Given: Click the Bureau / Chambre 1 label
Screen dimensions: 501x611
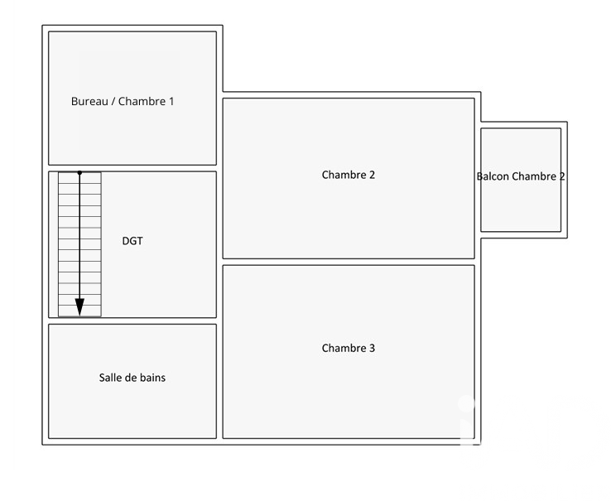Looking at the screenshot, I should (x=123, y=102).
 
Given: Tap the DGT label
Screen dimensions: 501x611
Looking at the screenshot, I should (x=132, y=242).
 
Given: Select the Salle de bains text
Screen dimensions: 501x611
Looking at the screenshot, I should (x=132, y=378).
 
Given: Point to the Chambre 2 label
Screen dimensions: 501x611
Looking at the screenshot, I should (x=349, y=175).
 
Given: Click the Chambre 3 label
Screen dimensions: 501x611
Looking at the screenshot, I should (x=349, y=349).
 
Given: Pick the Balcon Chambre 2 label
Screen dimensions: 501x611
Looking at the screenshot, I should (x=521, y=176).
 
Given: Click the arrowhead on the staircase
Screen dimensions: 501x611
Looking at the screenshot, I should (x=79, y=306).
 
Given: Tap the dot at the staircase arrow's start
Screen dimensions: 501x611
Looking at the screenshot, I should (x=79, y=173).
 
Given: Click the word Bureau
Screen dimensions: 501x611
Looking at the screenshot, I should (x=89, y=102).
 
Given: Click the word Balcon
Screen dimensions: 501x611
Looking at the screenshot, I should (x=493, y=176).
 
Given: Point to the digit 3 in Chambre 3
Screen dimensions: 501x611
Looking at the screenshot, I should (x=372, y=349).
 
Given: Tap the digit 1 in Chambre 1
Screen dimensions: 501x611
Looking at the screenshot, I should (x=171, y=102).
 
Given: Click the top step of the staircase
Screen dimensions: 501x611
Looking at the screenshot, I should (x=79, y=177).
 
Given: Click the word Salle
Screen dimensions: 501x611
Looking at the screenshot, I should (x=111, y=378).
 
